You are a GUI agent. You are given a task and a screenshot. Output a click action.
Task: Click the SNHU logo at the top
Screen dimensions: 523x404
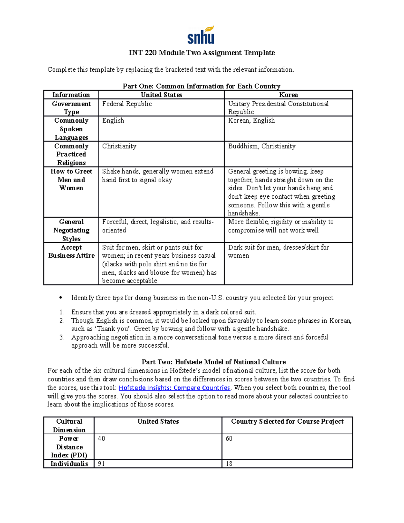pyautogui.click(x=201, y=35)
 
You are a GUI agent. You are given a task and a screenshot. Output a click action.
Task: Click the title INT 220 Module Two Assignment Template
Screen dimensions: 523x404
pyautogui.click(x=202, y=53)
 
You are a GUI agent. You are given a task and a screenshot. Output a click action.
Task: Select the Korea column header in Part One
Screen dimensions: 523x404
pyautogui.click(x=288, y=95)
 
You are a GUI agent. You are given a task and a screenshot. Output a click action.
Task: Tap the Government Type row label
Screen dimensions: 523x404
pyautogui.click(x=71, y=108)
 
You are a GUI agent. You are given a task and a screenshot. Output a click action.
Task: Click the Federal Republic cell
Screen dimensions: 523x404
pyautogui.click(x=127, y=104)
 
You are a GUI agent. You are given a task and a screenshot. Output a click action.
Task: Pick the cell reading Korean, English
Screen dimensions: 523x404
pyautogui.click(x=251, y=121)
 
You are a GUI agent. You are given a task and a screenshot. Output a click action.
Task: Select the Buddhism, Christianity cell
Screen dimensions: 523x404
pyautogui.click(x=262, y=146)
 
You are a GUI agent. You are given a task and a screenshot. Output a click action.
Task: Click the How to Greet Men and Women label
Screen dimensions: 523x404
pyautogui.click(x=71, y=180)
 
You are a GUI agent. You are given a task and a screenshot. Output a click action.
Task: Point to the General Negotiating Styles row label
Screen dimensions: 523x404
pyautogui.click(x=71, y=230)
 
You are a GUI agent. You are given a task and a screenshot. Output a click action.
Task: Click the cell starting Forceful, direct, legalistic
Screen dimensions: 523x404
pyautogui.click(x=158, y=226)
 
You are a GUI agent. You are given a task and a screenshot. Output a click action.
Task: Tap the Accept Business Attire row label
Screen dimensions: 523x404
pyautogui.click(x=71, y=252)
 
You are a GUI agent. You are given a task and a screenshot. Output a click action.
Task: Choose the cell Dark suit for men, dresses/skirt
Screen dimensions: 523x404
pyautogui.click(x=278, y=252)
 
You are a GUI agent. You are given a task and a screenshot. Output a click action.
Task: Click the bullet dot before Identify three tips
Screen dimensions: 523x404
pyautogui.click(x=61, y=298)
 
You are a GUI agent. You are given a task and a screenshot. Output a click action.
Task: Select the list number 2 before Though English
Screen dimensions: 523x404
pyautogui.click(x=62, y=321)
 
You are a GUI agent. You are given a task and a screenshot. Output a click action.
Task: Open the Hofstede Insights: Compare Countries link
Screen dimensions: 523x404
pyautogui.click(x=174, y=388)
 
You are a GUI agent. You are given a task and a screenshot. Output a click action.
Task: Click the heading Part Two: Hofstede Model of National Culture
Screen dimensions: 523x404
pyautogui.click(x=213, y=362)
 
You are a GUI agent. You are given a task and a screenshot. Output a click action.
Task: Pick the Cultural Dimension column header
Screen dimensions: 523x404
pyautogui.click(x=69, y=426)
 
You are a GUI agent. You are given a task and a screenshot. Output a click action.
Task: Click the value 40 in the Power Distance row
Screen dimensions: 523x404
pyautogui.click(x=101, y=438)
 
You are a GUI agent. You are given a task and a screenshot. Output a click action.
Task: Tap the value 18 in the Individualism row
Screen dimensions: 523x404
pyautogui.click(x=229, y=464)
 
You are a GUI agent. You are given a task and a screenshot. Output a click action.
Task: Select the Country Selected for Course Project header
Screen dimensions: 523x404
pyautogui.click(x=287, y=422)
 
